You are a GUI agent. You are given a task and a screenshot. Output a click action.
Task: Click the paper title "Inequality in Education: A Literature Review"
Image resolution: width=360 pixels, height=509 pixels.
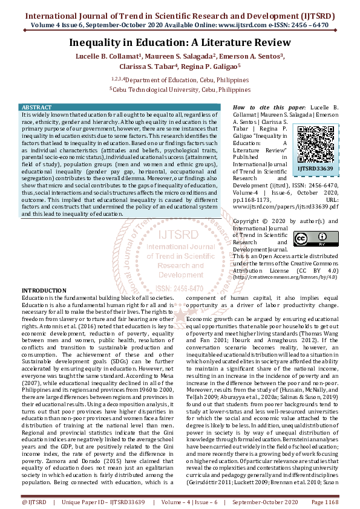point(180,44)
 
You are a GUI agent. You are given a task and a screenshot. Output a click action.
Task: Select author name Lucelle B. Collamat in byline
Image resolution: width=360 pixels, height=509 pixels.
point(106,56)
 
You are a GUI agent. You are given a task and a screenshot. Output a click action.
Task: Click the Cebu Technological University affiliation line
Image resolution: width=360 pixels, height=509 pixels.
point(180,88)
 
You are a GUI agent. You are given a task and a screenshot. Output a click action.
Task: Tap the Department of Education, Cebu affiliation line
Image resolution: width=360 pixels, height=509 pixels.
point(180,79)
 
